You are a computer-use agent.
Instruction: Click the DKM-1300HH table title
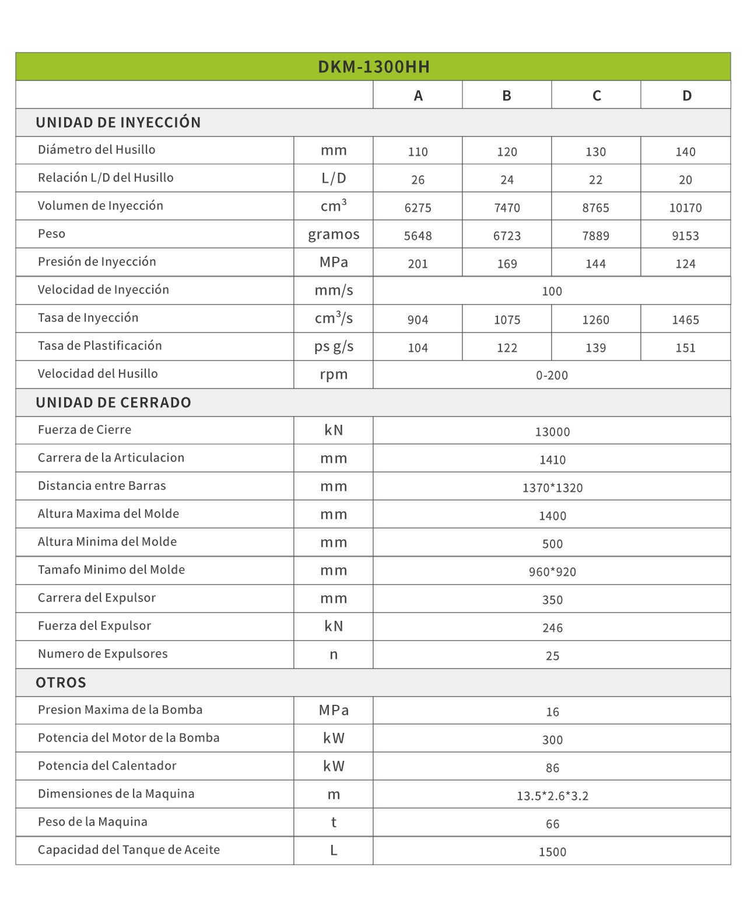pyautogui.click(x=374, y=67)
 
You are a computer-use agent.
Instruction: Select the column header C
pyautogui.click(x=597, y=96)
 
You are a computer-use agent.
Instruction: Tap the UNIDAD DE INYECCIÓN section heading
pyautogui.click(x=118, y=123)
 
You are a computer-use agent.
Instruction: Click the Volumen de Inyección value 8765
pyautogui.click(x=595, y=208)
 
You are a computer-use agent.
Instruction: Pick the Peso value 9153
pyautogui.click(x=685, y=236)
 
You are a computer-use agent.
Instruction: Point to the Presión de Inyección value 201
pyautogui.click(x=418, y=264)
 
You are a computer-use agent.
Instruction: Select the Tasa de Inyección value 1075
pyautogui.click(x=507, y=320)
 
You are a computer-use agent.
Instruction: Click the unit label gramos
pyautogui.click(x=334, y=235)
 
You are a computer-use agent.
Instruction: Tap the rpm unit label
pyautogui.click(x=334, y=375)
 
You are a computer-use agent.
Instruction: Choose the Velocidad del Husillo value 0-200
pyautogui.click(x=552, y=375)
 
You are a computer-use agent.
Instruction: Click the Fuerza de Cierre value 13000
pyautogui.click(x=552, y=432)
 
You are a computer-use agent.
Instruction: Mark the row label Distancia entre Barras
pyautogui.click(x=102, y=485)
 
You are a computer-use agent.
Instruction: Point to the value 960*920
pyautogui.click(x=552, y=572)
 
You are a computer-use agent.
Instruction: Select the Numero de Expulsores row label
pyautogui.click(x=103, y=653)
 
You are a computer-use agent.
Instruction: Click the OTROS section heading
pyautogui.click(x=61, y=683)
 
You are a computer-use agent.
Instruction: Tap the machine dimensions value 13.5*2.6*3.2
pyautogui.click(x=552, y=796)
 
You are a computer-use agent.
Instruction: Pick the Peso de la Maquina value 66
pyautogui.click(x=552, y=824)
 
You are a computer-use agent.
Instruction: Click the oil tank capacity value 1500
pyautogui.click(x=552, y=852)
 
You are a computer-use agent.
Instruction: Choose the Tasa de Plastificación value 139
pyautogui.click(x=595, y=348)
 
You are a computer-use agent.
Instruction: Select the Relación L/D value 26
pyautogui.click(x=418, y=180)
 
